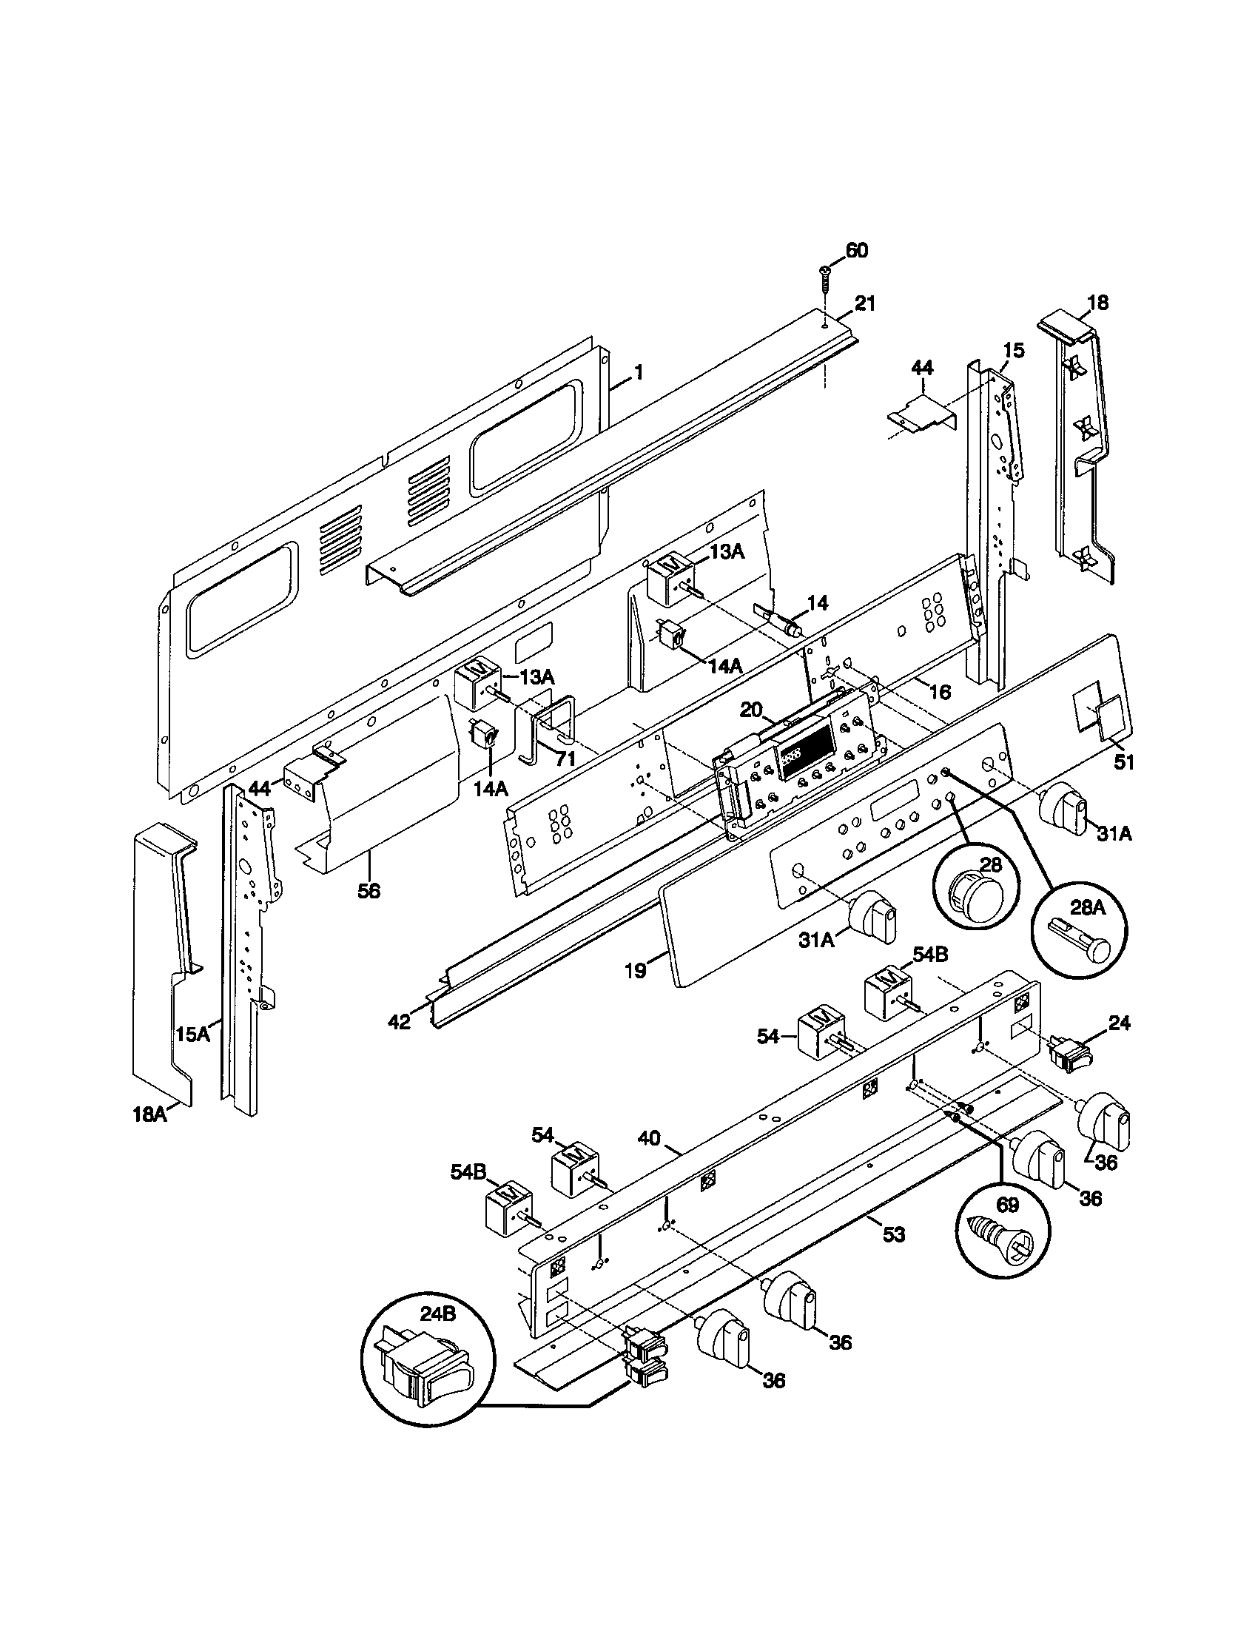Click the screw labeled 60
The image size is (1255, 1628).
tap(826, 277)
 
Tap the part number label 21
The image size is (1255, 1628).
tap(865, 304)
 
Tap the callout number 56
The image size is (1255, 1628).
tap(369, 890)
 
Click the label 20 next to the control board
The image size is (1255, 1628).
tap(752, 711)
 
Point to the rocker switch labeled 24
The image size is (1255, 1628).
tap(1069, 1054)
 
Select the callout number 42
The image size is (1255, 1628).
tap(400, 1020)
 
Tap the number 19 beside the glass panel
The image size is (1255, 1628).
tap(636, 971)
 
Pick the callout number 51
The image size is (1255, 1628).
tap(1123, 761)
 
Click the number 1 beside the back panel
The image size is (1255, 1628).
tap(638, 373)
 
